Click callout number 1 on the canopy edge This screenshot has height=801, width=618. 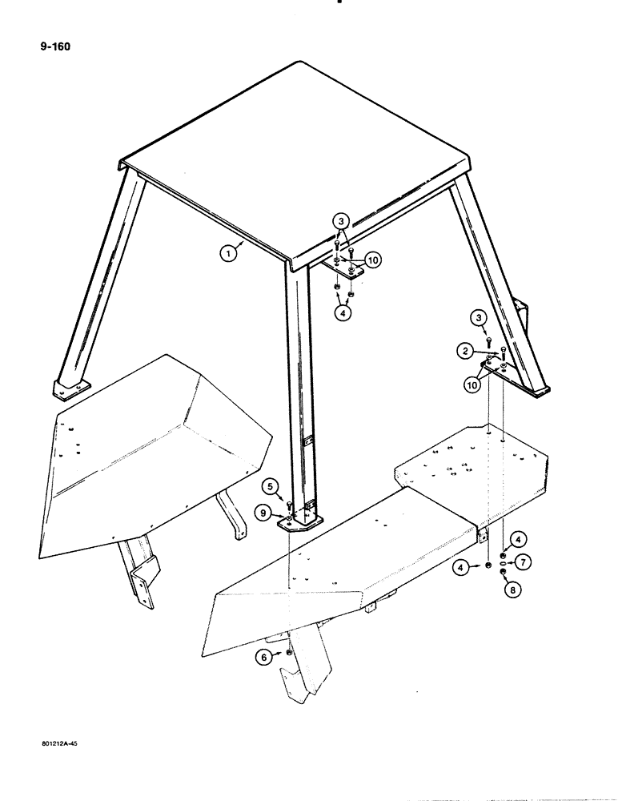230,255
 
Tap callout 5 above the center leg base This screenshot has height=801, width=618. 271,485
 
